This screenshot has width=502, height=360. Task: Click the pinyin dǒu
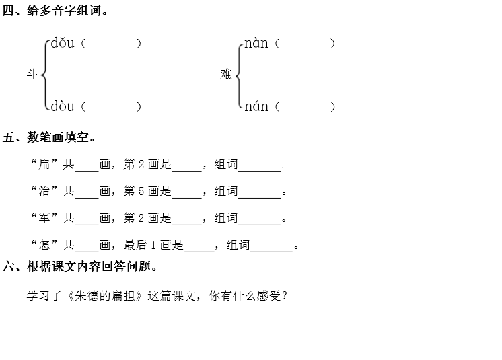tap(63, 44)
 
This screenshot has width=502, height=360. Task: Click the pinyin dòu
tap(63, 106)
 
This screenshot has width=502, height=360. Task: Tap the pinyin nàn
tap(256, 44)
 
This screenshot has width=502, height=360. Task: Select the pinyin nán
tap(256, 106)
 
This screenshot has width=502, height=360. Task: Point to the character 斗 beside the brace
tap(32, 75)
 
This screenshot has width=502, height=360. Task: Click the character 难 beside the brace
tap(226, 75)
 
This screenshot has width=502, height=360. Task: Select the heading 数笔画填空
tap(61, 138)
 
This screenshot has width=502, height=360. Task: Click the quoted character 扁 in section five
tap(45, 165)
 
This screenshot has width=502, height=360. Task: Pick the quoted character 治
tap(45, 192)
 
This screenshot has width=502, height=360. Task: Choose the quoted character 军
tap(45, 219)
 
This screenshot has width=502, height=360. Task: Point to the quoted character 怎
tap(45, 246)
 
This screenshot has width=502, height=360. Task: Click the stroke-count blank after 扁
tap(87, 166)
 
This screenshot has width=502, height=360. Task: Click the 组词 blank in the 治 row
tap(260, 193)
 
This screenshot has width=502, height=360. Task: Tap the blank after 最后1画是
tap(199, 247)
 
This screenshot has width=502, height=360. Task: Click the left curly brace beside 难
tap(238, 75)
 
